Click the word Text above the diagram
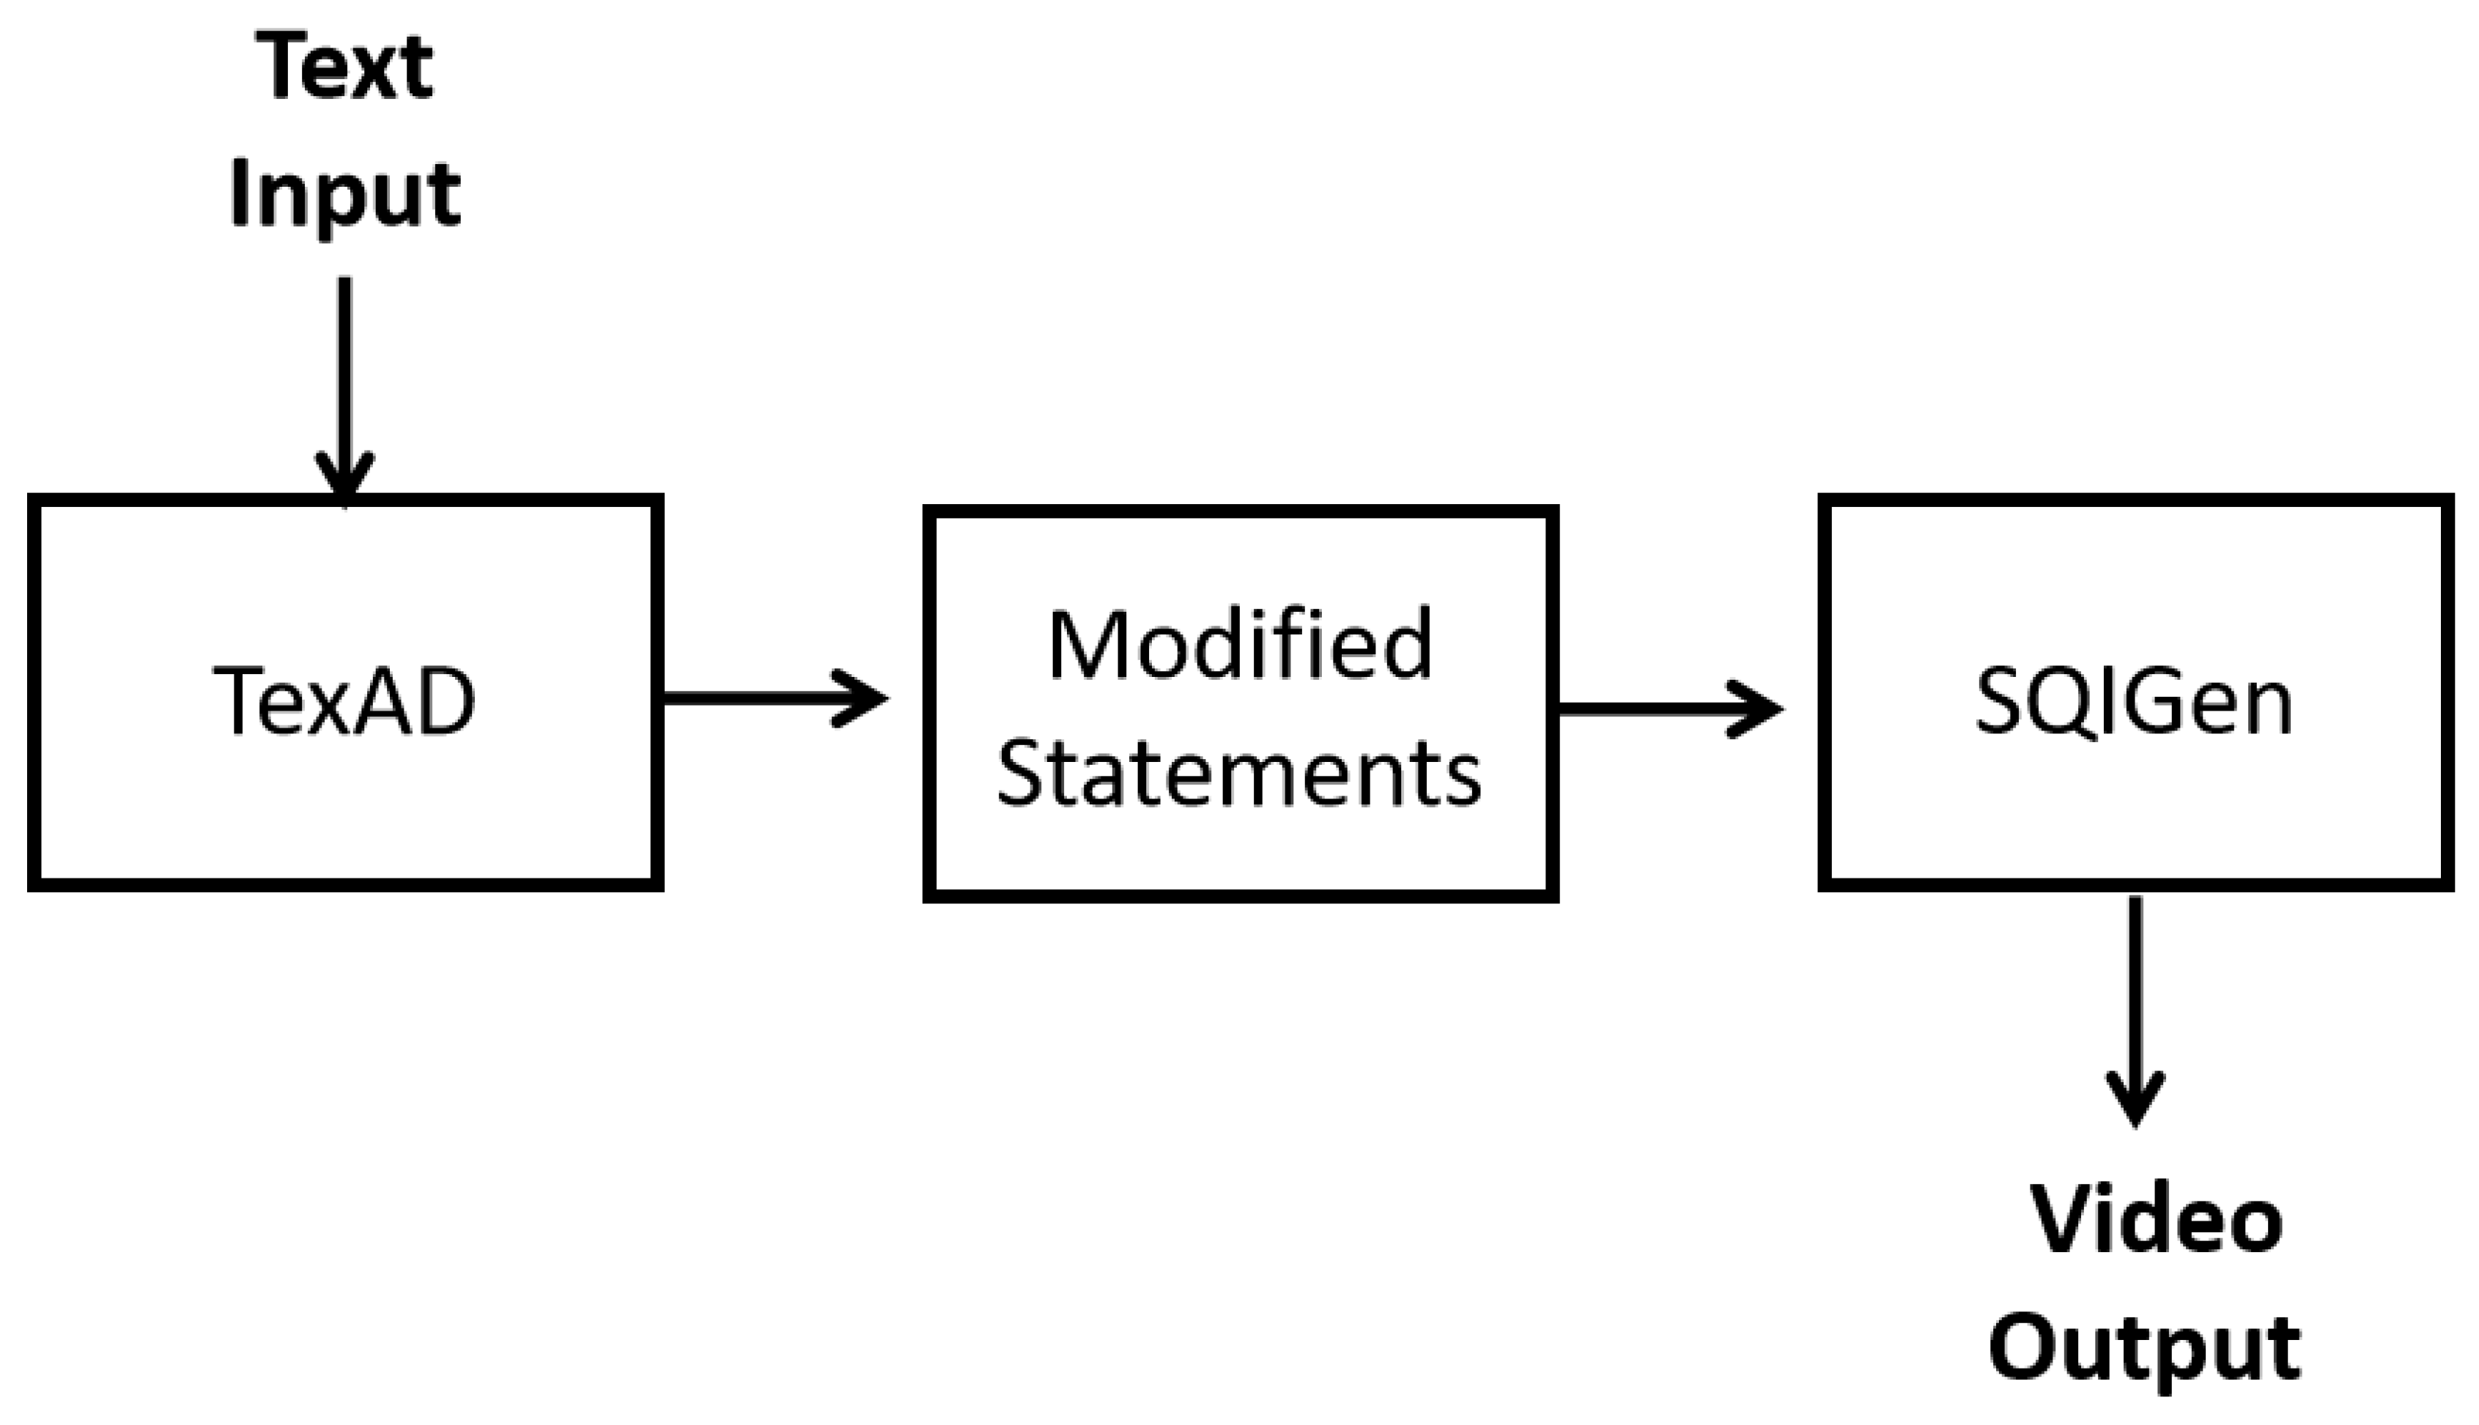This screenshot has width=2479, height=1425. point(344,67)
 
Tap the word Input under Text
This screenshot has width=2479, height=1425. point(344,196)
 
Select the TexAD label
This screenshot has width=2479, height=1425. point(344,700)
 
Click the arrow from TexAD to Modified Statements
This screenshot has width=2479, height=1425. point(764,697)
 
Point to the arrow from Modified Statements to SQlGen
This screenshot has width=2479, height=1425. point(1663,708)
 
